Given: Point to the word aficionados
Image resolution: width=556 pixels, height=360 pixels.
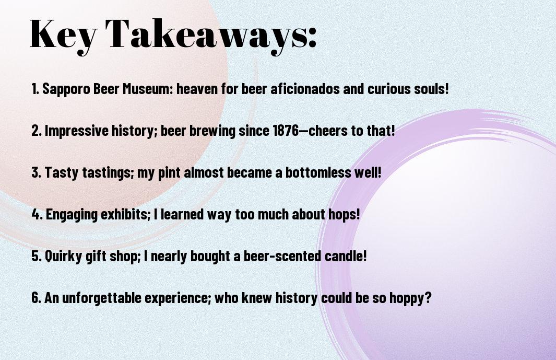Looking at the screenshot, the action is click(x=305, y=89).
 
